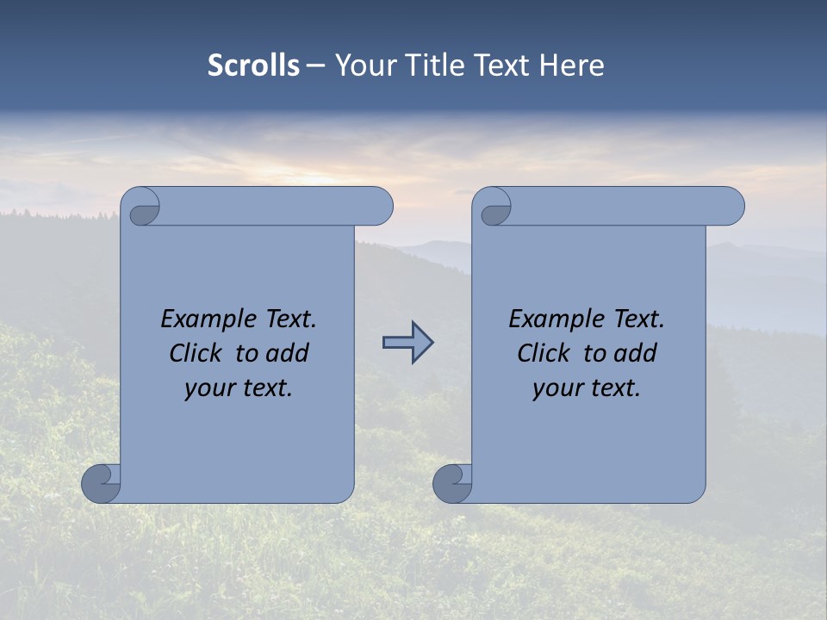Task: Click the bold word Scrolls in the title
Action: click(x=254, y=65)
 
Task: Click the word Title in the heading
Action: click(x=433, y=65)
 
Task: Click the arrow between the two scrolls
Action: click(x=407, y=343)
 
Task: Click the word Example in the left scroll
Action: click(x=204, y=319)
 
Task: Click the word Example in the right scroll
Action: click(x=552, y=319)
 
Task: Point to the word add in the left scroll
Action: click(x=287, y=353)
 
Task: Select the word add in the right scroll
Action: click(x=635, y=353)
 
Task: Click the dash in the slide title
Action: click(x=316, y=65)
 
